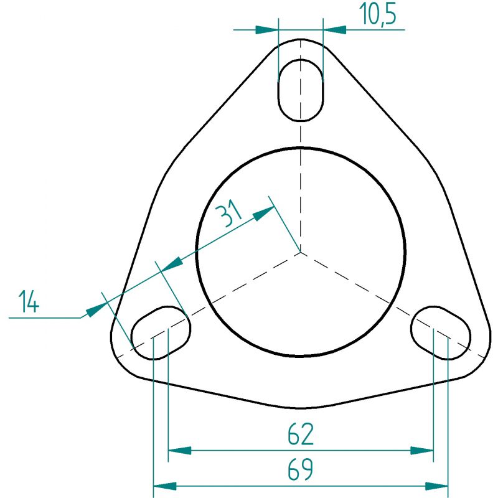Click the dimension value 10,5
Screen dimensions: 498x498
378,14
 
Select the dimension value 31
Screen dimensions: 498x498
228,213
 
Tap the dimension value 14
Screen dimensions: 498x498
29,301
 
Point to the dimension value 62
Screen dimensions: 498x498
301,434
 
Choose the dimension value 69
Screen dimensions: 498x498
301,469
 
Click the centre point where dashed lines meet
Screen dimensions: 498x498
301,252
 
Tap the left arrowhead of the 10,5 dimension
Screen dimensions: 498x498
267,30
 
